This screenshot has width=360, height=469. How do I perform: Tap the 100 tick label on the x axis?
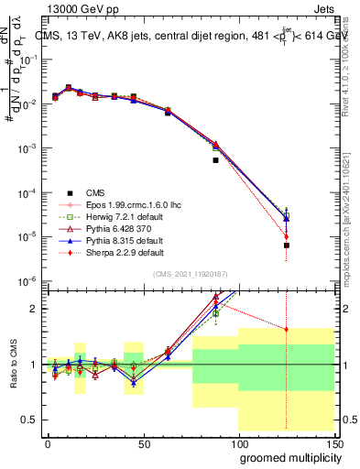(x=238, y=442)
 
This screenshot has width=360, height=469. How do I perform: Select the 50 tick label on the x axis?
(x=143, y=442)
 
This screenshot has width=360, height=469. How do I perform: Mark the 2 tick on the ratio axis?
(x=35, y=309)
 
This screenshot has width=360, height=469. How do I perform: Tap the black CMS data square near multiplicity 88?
(x=215, y=160)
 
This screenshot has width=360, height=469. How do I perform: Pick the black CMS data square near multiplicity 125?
(x=287, y=245)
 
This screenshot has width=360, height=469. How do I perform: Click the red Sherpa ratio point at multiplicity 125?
(x=287, y=330)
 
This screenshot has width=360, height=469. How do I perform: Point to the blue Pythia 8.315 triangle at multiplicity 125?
(x=287, y=218)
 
